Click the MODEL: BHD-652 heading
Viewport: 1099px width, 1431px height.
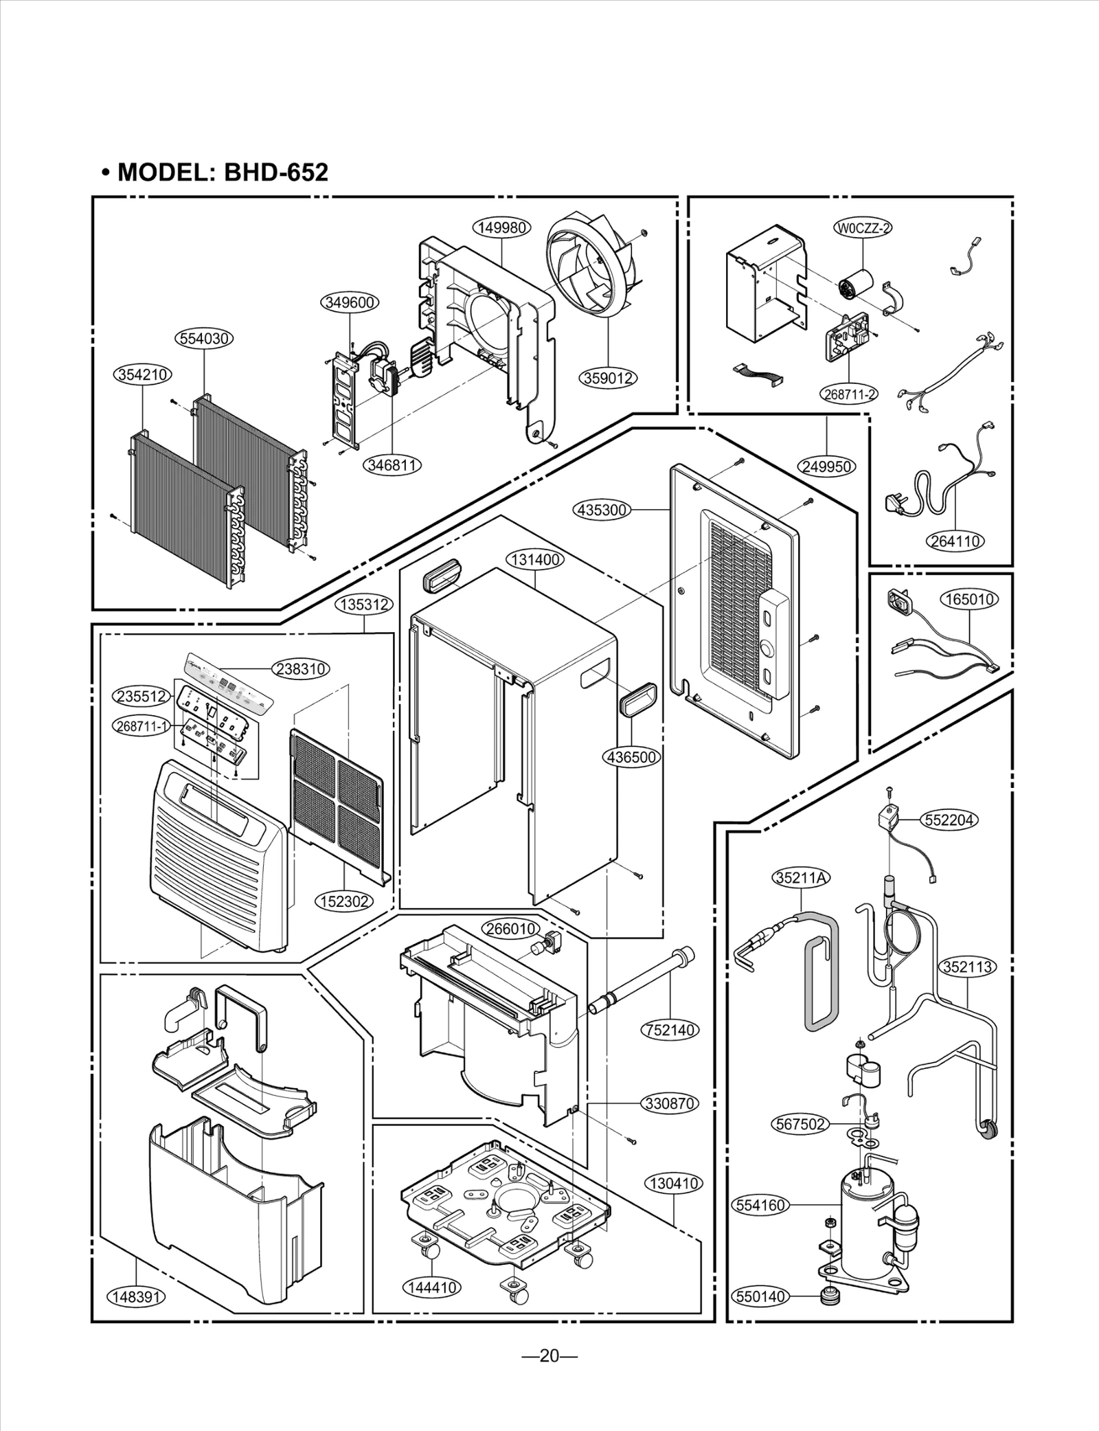coord(215,172)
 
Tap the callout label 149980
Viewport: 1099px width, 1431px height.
coord(502,228)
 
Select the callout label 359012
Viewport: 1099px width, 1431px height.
coord(609,377)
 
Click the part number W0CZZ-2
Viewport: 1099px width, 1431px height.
coord(862,228)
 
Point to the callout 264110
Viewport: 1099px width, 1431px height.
coord(955,541)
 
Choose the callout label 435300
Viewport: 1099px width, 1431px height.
coord(602,510)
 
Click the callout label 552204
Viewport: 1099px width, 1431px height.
coord(951,820)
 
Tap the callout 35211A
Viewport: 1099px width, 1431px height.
coord(802,877)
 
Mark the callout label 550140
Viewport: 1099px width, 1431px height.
coord(760,1296)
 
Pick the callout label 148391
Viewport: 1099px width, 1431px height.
coord(136,1296)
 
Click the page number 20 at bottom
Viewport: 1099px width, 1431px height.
coord(549,1355)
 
